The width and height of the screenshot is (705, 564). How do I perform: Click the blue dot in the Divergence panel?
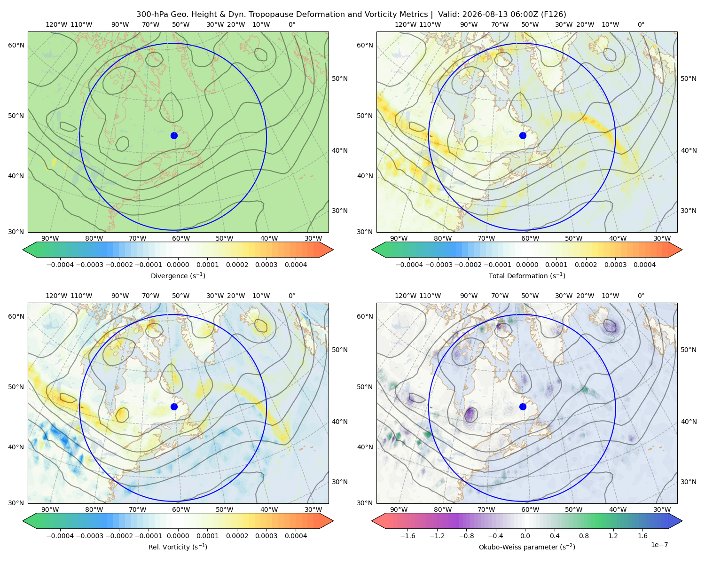[174, 135]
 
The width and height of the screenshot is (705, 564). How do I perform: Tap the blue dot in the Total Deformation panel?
[523, 135]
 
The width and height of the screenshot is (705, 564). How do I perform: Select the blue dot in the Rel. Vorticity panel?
[174, 407]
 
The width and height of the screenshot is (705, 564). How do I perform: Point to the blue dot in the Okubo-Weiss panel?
[523, 407]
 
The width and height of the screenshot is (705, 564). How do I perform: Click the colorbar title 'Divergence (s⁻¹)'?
[178, 275]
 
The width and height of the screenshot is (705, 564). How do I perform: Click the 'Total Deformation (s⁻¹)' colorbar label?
[527, 275]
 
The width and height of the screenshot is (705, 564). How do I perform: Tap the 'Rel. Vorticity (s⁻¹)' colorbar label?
[178, 547]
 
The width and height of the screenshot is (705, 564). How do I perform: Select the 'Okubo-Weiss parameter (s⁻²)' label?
[527, 547]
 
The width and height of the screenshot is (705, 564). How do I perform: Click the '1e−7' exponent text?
[659, 545]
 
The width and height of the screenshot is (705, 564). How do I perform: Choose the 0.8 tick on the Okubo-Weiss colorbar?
[584, 535]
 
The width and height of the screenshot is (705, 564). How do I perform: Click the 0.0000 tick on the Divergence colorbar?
[178, 265]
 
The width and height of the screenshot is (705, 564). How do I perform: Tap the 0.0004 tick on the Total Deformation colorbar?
[644, 265]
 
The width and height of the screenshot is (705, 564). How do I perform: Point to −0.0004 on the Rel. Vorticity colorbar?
[60, 535]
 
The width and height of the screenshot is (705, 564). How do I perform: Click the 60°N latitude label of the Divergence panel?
[16, 45]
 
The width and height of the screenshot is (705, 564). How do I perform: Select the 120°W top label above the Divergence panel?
[56, 24]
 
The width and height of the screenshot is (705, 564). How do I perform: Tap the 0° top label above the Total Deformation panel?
[641, 24]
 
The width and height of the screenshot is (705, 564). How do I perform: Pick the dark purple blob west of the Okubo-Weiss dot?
[471, 414]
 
